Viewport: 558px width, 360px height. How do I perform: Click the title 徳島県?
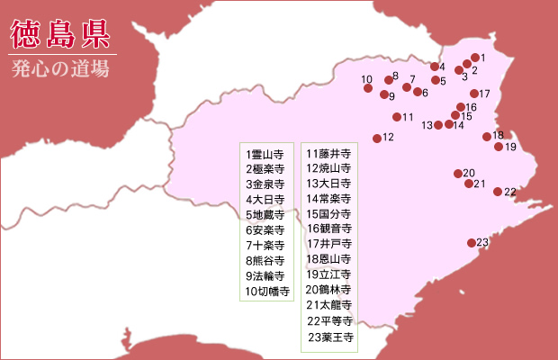point(60,33)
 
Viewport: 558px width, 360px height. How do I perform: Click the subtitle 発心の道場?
point(60,71)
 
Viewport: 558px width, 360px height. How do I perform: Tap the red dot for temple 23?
point(472,243)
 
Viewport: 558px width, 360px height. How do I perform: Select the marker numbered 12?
point(377,139)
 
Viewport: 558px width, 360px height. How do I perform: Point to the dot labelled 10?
point(367,88)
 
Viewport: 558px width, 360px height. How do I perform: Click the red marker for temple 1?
point(474,58)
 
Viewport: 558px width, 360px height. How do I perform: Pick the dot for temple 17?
point(474,94)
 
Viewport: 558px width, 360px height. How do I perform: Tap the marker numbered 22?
point(498,192)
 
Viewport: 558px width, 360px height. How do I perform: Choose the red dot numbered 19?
point(499,147)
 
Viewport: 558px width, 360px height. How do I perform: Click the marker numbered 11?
point(397,117)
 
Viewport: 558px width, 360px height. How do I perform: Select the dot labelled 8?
point(389,80)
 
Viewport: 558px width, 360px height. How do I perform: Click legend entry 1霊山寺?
point(265,154)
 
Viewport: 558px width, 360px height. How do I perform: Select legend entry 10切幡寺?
point(266,292)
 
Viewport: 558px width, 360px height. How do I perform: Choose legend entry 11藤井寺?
point(328,154)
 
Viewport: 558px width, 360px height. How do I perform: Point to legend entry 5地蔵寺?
point(265,215)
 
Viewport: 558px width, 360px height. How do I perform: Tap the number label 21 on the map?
point(480,184)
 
